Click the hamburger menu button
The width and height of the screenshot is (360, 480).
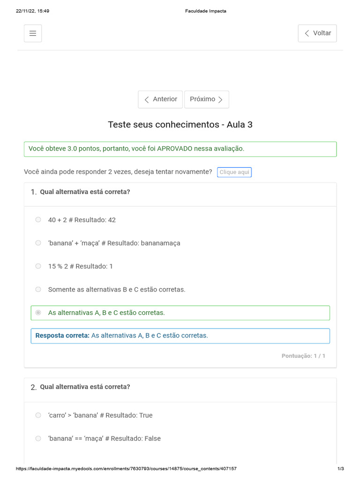(33, 33)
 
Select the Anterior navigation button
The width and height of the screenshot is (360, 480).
(160, 99)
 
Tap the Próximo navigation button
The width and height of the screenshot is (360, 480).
(207, 99)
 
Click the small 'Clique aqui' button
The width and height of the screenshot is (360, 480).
(234, 172)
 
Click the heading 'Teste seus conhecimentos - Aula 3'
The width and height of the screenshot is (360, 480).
(180, 125)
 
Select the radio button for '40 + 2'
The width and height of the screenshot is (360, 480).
(38, 220)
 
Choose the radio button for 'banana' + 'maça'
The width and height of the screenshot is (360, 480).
(38, 243)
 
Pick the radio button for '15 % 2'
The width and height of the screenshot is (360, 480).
(38, 266)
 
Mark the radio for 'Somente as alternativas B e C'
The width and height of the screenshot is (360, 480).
(38, 289)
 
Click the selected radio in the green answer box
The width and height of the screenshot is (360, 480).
(38, 313)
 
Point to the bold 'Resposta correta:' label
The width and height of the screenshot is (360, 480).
(62, 336)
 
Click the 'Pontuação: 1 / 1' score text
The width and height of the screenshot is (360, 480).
(303, 356)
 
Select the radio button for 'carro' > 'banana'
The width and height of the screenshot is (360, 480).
(38, 415)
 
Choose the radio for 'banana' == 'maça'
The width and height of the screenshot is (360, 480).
(38, 439)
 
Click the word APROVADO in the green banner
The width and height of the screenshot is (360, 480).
(175, 149)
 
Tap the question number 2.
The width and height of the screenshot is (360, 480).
(33, 387)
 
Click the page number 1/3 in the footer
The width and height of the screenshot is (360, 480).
(341, 469)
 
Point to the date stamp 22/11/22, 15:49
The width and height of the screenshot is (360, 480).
(32, 11)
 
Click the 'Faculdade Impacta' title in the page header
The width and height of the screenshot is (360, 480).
(206, 11)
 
